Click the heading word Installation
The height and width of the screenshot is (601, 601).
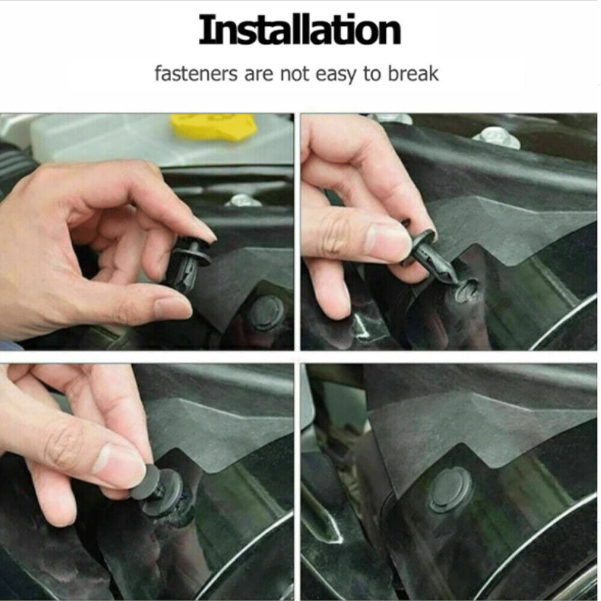point(299,31)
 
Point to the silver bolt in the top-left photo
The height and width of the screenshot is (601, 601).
point(243,200)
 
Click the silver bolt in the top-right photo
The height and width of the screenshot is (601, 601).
point(496,137)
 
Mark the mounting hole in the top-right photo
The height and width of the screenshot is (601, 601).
point(468,291)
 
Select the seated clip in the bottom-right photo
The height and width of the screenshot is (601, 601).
point(450,490)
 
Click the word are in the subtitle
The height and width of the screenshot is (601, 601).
point(259,75)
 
